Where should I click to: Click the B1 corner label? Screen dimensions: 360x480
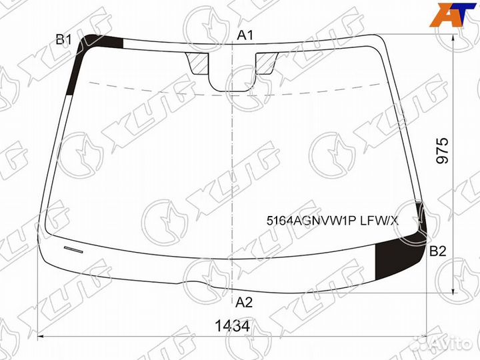tap(63, 40)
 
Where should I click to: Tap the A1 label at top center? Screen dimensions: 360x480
tap(245, 35)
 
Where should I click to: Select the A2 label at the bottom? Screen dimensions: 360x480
tap(245, 301)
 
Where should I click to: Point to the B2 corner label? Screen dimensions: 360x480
tap(437, 251)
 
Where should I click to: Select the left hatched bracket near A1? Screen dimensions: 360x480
tap(199, 63)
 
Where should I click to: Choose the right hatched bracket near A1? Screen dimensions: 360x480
tap(265, 63)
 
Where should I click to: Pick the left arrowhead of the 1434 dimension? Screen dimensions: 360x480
tap(40, 337)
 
